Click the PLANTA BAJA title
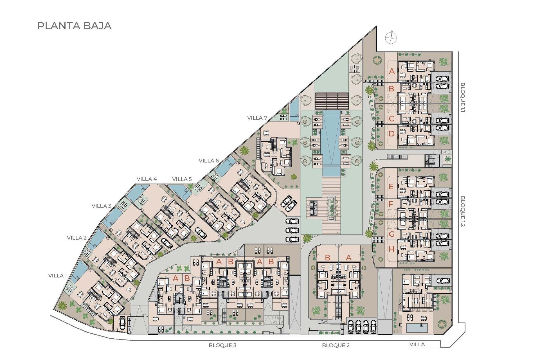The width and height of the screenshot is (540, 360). pyautogui.click(x=74, y=26)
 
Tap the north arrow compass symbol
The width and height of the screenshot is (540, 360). pyautogui.click(x=391, y=37)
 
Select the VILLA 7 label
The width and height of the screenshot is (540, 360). pyautogui.click(x=257, y=118)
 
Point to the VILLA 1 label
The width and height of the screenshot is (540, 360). pyautogui.click(x=57, y=276)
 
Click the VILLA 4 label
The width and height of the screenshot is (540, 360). pyautogui.click(x=147, y=179)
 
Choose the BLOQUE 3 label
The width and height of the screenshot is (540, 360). pyautogui.click(x=222, y=345)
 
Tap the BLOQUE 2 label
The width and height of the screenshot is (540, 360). pyautogui.click(x=336, y=345)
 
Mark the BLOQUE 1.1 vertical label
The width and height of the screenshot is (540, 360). pyautogui.click(x=463, y=97)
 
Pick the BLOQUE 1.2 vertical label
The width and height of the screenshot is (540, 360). pyautogui.click(x=463, y=211)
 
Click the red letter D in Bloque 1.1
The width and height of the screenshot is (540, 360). pyautogui.click(x=391, y=134)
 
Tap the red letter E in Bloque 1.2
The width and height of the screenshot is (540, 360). pyautogui.click(x=391, y=186)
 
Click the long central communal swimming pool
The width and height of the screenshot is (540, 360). pyautogui.click(x=331, y=141)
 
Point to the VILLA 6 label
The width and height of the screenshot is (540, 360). pyautogui.click(x=208, y=161)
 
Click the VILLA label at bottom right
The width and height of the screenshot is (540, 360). pyautogui.click(x=417, y=344)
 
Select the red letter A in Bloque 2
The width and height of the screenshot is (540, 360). pyautogui.click(x=348, y=257)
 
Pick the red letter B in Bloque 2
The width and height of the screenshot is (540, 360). pyautogui.click(x=327, y=257)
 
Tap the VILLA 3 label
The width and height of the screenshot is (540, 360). pyautogui.click(x=101, y=206)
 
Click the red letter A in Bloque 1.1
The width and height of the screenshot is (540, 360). pyautogui.click(x=392, y=71)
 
